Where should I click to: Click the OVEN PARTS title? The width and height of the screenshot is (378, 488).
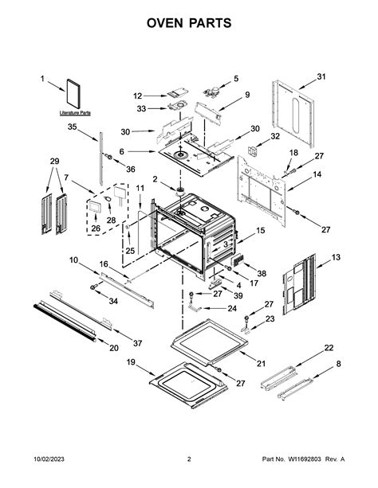(188, 24)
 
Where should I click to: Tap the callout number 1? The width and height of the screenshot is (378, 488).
(43, 78)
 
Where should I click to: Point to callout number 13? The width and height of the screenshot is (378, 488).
(336, 257)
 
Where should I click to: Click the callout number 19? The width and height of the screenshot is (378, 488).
(130, 362)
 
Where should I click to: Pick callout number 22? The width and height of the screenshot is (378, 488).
(329, 349)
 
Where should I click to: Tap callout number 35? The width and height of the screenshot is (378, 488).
(72, 127)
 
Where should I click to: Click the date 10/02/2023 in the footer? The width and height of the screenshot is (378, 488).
(25, 459)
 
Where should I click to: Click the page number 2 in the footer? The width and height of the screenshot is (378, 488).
(189, 459)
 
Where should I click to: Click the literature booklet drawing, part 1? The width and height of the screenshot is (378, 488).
(75, 92)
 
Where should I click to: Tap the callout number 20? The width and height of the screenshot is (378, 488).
(113, 347)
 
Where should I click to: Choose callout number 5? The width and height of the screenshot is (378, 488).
(234, 78)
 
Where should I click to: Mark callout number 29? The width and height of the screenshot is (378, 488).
(54, 161)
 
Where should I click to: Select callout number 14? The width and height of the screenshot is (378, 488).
(317, 174)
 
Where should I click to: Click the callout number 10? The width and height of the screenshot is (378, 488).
(73, 260)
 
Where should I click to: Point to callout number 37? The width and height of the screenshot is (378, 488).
(137, 342)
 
